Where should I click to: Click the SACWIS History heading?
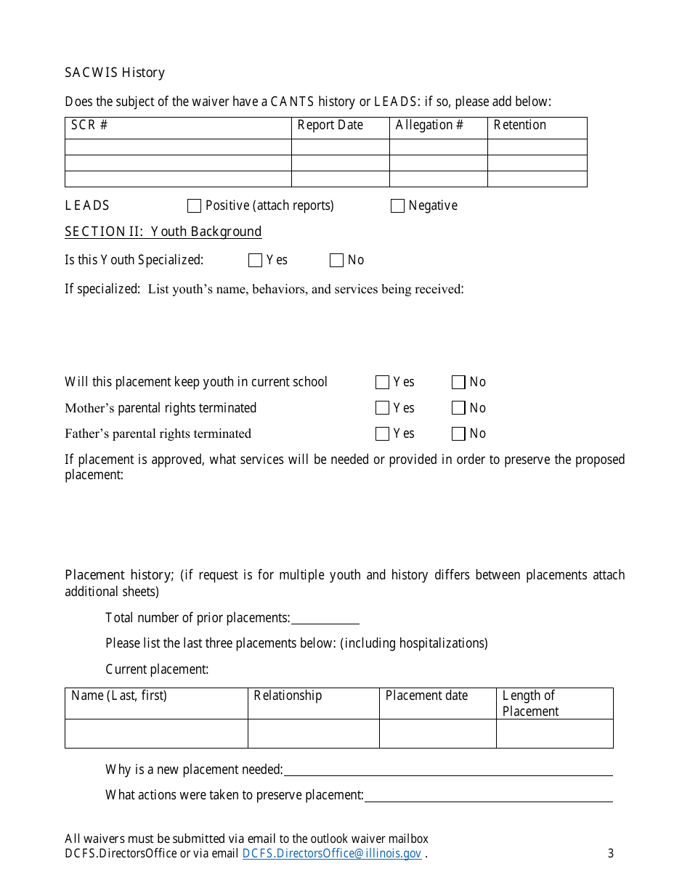[x=115, y=73]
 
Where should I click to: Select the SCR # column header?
[x=89, y=126]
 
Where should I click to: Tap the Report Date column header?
[x=330, y=126]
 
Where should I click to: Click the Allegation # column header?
[x=429, y=126]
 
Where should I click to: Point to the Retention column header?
[x=519, y=126]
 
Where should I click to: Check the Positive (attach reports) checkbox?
[x=194, y=206]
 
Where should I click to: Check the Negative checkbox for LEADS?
[x=397, y=206]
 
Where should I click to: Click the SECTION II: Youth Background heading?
[x=163, y=232]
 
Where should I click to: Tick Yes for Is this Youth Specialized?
[x=255, y=261]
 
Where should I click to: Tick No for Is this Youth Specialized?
[x=336, y=261]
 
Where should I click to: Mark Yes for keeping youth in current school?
[x=382, y=383]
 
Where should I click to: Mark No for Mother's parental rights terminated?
[x=458, y=408]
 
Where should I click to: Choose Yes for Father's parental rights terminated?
[x=382, y=434]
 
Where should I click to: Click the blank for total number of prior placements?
[x=325, y=619]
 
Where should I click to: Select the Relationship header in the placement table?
[x=288, y=696]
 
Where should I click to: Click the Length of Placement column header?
[x=529, y=704]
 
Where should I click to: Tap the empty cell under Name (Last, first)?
[x=156, y=733]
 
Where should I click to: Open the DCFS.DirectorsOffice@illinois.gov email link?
[x=331, y=854]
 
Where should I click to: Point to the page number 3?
[x=611, y=854]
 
